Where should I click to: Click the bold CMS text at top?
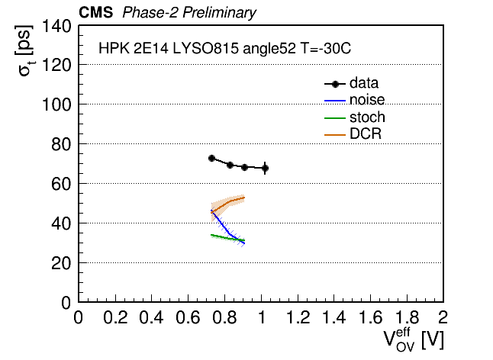coord(95,12)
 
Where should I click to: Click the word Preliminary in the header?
coord(219,13)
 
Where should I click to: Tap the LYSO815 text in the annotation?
coord(205,48)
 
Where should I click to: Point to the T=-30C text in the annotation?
coord(325,48)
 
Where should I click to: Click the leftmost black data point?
coord(211,158)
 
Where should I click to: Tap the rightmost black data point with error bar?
coord(265,168)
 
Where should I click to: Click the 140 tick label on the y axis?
coord(56,26)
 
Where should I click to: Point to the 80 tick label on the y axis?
coord(61,144)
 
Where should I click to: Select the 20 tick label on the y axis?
coord(61,263)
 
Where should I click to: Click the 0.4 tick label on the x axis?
coord(152,317)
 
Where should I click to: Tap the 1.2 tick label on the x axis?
coord(298,317)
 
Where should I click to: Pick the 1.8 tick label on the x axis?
coord(408,317)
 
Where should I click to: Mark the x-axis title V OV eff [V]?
coord(414,340)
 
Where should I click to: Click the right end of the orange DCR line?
coord(244,198)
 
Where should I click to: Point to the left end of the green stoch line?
coord(211,235)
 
